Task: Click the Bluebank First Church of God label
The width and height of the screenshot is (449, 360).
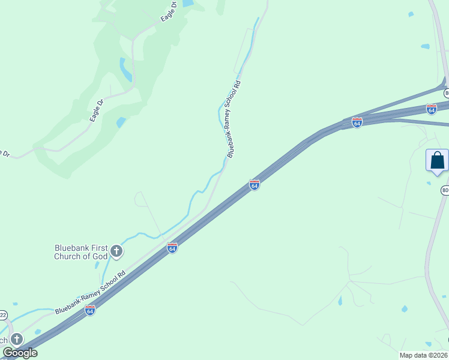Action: (x=80, y=252)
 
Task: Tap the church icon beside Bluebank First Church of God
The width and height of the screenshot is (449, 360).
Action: (x=116, y=251)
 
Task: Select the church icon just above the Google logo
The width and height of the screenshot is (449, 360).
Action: (x=16, y=339)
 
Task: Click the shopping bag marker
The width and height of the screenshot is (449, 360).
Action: (x=437, y=161)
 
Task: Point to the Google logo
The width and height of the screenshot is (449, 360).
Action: (x=20, y=353)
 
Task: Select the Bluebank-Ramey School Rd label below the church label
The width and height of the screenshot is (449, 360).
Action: (x=90, y=293)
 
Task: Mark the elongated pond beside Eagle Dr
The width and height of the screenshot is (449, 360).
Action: (x=126, y=70)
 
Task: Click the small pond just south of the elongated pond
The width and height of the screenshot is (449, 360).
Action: (x=121, y=122)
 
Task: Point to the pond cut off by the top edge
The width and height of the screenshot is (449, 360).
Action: (x=187, y=3)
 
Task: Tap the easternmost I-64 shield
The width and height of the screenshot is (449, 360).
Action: (x=431, y=109)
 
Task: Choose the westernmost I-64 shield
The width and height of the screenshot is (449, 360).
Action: (x=90, y=310)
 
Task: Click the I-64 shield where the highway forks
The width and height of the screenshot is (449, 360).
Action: (x=357, y=122)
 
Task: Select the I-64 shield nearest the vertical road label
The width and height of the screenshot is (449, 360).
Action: (x=255, y=185)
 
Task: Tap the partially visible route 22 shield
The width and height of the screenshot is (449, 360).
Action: (x=3, y=315)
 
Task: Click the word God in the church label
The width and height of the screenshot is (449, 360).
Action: (x=100, y=256)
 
